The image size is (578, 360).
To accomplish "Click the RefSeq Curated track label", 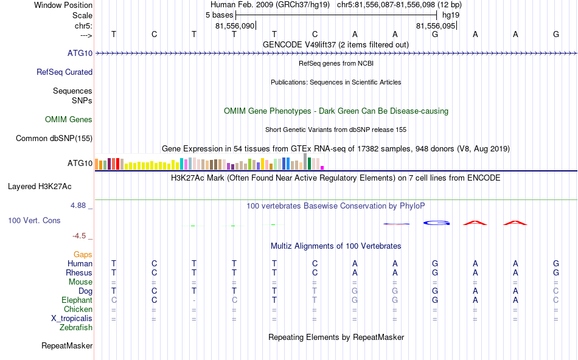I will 64,72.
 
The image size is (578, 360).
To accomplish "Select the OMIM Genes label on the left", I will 69,119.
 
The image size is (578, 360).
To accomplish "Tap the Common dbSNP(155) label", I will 54,138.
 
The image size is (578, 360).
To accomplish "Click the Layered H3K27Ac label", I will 50,186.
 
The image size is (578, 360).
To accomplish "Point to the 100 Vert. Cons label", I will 35,220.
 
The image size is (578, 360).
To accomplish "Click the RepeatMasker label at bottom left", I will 67,346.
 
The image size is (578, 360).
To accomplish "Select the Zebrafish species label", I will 76,327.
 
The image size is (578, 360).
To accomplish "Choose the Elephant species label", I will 77,300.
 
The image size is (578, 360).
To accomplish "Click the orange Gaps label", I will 83,254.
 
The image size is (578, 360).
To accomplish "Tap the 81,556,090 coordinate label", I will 235,26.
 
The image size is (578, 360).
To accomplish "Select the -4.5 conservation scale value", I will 82,235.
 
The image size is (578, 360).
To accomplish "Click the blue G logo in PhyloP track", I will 436,223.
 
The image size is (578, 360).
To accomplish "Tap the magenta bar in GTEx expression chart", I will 322,167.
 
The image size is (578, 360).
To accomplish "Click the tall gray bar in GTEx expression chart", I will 305,162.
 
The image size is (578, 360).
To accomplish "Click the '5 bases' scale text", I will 219,15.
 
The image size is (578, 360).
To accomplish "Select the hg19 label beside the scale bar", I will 451,15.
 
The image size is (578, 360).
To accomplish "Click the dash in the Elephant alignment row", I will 193,300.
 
